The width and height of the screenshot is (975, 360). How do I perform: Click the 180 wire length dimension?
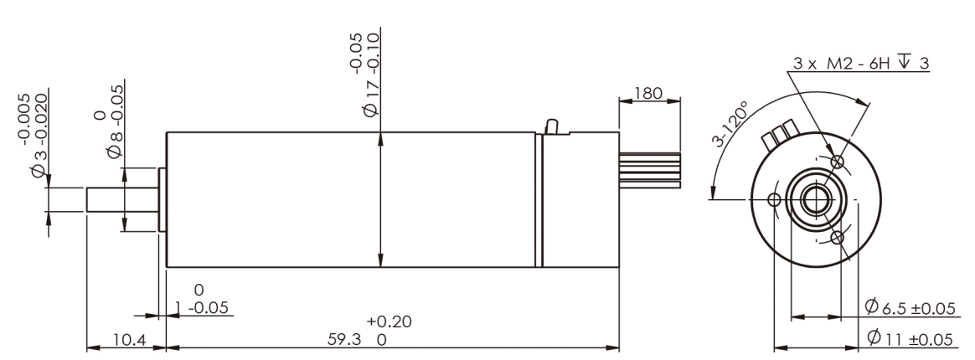(x=647, y=94)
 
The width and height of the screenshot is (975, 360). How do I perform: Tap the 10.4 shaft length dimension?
(x=129, y=339)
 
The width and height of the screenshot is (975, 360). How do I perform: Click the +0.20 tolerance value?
(x=389, y=322)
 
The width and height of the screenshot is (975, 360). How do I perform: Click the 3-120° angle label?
(x=730, y=124)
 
